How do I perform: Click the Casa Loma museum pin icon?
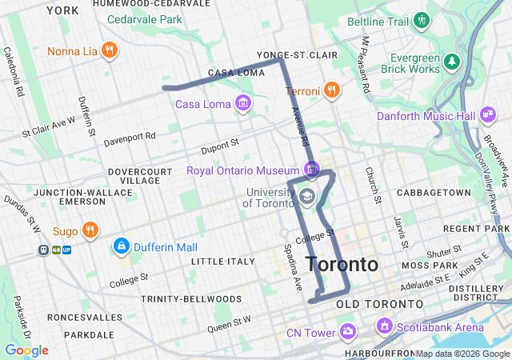pyautogui.click(x=242, y=103)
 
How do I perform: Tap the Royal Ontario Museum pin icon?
pyautogui.click(x=311, y=169)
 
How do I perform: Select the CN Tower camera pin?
pyautogui.click(x=347, y=330)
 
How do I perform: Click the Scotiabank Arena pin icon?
pyautogui.click(x=385, y=326)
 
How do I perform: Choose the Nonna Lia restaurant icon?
pyautogui.click(x=110, y=51)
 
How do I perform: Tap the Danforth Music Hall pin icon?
pyautogui.click(x=486, y=117)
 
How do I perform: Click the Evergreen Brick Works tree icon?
pyautogui.click(x=453, y=61)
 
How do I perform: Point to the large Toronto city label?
pyautogui.click(x=342, y=265)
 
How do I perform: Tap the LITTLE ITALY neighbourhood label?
pyautogui.click(x=218, y=262)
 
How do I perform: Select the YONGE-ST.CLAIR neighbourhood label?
pyautogui.click(x=297, y=54)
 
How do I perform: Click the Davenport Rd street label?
pyautogui.click(x=129, y=139)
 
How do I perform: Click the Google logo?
pyautogui.click(x=27, y=350)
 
